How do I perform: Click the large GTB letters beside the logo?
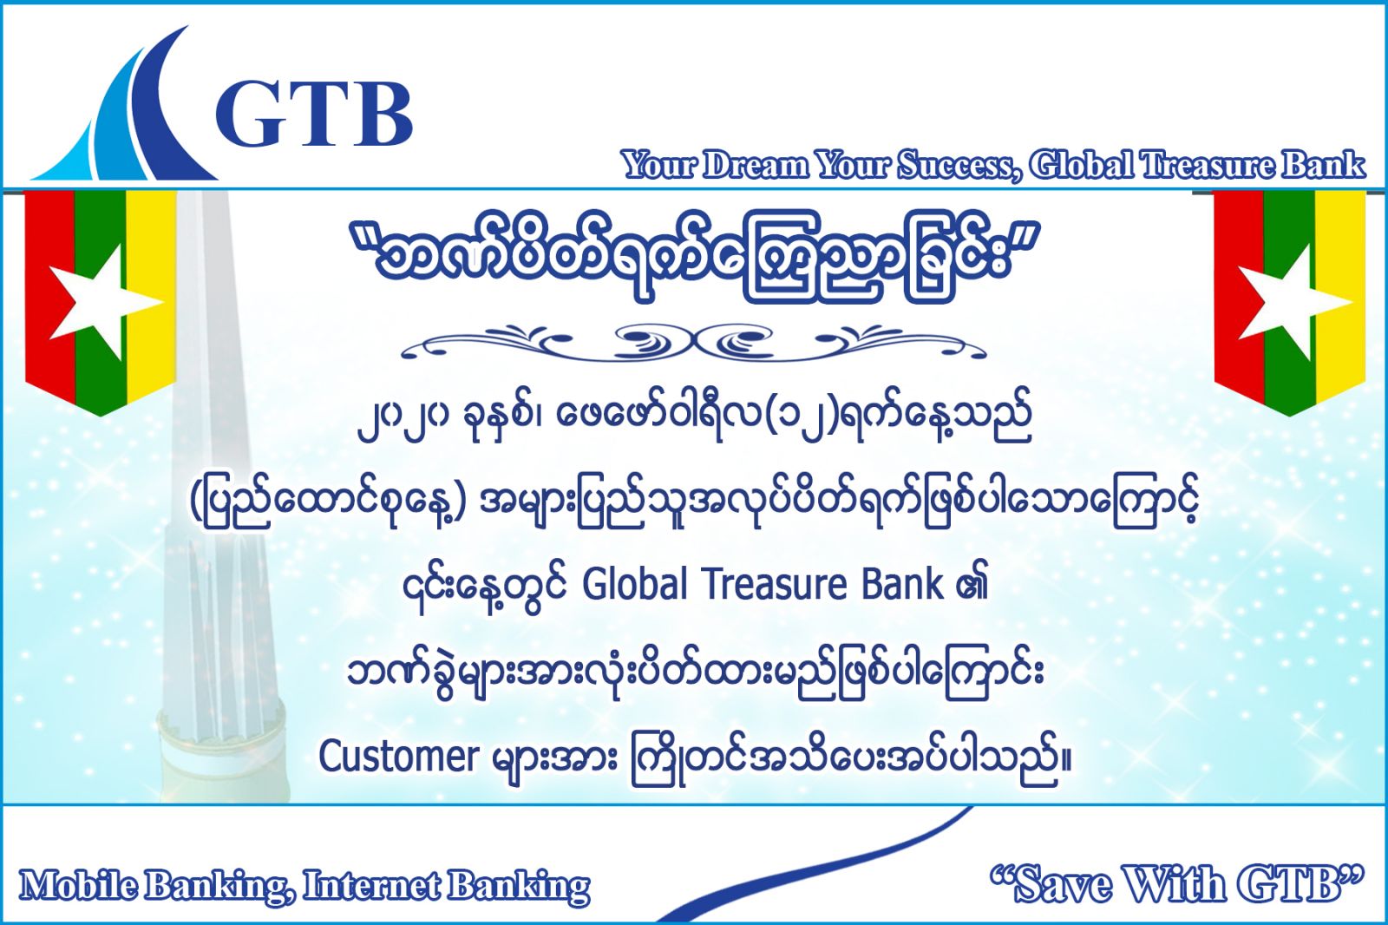pos(313,115)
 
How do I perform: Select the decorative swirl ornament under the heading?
pos(693,343)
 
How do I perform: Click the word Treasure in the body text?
pos(775,585)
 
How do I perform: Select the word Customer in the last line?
pos(399,757)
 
